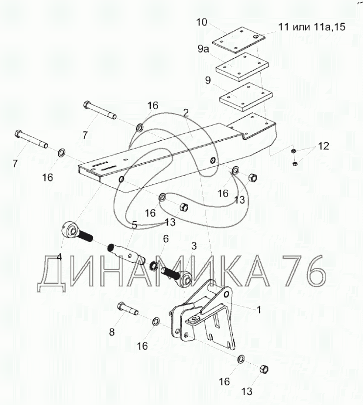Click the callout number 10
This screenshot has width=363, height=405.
[202, 22]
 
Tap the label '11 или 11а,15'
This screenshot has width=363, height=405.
[312, 26]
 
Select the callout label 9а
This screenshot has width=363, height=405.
[203, 49]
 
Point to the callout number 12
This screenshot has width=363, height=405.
[324, 146]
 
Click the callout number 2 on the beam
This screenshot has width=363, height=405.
[186, 113]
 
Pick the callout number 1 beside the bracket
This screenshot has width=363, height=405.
[259, 309]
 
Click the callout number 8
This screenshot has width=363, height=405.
[112, 332]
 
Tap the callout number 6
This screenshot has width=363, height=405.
[166, 239]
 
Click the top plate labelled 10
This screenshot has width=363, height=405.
[239, 40]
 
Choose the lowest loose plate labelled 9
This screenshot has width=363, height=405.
[246, 97]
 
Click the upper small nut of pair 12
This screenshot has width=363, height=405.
[293, 151]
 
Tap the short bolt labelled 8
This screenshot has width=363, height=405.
[128, 309]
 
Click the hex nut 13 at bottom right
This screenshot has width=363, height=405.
[264, 369]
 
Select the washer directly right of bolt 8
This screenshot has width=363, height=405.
[156, 322]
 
